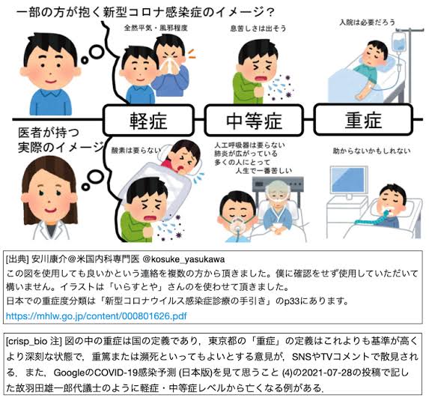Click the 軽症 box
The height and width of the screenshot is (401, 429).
[x=148, y=120]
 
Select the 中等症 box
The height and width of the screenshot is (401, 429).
[x=254, y=120]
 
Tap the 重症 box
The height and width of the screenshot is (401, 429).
[x=363, y=119]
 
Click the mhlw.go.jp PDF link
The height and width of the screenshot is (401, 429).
[x=97, y=316]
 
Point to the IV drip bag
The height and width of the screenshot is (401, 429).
[x=399, y=42]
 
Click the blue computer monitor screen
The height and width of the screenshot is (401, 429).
[x=348, y=180]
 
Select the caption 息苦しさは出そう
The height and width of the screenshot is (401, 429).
[x=258, y=28]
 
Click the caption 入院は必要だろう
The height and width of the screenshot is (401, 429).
[x=368, y=22]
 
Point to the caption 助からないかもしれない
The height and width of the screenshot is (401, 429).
[x=371, y=151]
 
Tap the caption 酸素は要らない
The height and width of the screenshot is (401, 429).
[x=136, y=150]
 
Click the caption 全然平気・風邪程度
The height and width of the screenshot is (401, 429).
[x=156, y=28]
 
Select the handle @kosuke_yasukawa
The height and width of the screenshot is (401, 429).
[x=183, y=259]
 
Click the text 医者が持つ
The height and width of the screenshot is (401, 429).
[x=49, y=133]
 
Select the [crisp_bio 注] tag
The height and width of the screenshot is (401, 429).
[x=34, y=341]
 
